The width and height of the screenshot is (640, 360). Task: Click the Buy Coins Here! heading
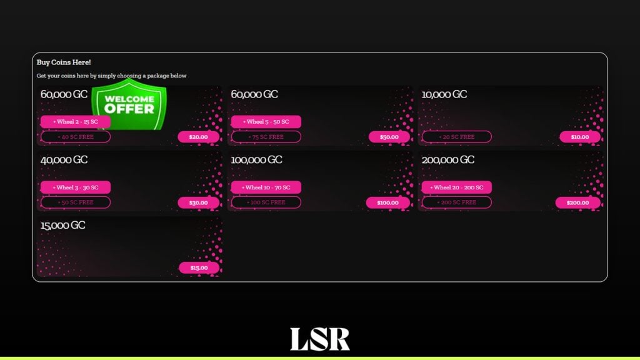64,62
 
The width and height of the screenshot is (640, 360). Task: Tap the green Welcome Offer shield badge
129,104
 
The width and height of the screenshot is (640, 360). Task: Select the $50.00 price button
389,137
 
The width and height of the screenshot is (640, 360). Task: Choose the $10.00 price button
579,137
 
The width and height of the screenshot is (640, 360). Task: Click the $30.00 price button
198,202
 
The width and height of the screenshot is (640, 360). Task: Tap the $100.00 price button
387,202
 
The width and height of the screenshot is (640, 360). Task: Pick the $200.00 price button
577,202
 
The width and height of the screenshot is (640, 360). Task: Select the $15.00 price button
199,267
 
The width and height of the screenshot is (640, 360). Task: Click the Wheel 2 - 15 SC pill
76,122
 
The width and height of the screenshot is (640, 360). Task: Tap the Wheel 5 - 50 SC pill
266,122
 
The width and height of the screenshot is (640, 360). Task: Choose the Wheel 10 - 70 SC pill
266,187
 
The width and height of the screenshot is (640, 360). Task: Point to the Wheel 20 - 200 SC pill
457,187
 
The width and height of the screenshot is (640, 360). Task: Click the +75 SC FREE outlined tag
266,137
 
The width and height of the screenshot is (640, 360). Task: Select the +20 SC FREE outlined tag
457,137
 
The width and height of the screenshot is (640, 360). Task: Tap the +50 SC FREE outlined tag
76,202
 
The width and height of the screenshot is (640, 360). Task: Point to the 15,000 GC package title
63,225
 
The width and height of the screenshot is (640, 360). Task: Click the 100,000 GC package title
256,160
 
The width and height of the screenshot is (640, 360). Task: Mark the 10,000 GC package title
444,94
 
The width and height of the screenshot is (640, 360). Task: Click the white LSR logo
320,339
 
